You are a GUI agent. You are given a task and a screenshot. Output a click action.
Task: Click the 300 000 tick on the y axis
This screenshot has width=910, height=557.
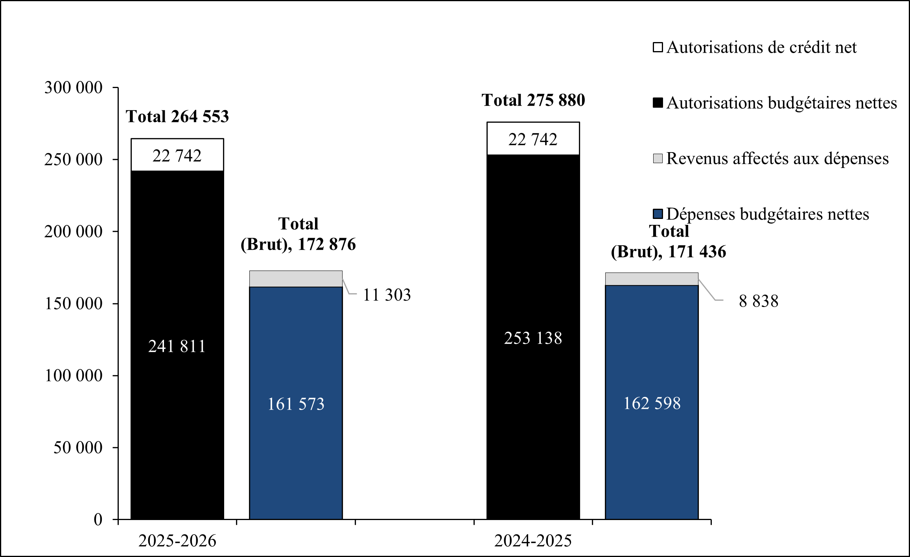click(x=73, y=87)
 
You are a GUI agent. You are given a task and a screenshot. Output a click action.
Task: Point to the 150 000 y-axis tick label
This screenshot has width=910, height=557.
click(x=73, y=303)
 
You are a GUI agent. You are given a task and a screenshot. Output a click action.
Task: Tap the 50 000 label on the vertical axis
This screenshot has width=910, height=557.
click(x=78, y=447)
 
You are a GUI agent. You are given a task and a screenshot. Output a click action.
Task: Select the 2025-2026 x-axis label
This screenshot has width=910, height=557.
click(x=177, y=541)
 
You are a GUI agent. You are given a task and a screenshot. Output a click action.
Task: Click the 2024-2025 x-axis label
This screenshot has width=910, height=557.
click(x=533, y=541)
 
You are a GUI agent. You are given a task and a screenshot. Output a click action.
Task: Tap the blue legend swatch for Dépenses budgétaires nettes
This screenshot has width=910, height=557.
click(x=658, y=214)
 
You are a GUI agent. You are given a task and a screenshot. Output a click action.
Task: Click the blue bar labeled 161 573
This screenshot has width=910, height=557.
click(x=296, y=404)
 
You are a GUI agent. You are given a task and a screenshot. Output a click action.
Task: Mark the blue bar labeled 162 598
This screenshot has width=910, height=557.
click(x=652, y=403)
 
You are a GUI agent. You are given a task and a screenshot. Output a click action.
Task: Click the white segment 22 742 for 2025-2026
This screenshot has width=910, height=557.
click(x=177, y=156)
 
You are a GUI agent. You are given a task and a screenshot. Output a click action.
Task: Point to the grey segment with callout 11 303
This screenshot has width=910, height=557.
click(x=296, y=279)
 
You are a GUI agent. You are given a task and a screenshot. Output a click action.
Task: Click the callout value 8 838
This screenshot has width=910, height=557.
click(x=758, y=301)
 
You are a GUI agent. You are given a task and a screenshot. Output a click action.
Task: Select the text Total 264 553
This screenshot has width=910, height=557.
click(x=177, y=117)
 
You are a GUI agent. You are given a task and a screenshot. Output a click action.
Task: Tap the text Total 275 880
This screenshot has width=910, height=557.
click(x=533, y=100)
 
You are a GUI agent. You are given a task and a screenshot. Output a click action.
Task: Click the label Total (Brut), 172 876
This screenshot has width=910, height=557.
click(x=298, y=234)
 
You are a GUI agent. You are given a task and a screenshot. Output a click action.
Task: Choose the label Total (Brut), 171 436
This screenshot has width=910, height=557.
click(x=668, y=242)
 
